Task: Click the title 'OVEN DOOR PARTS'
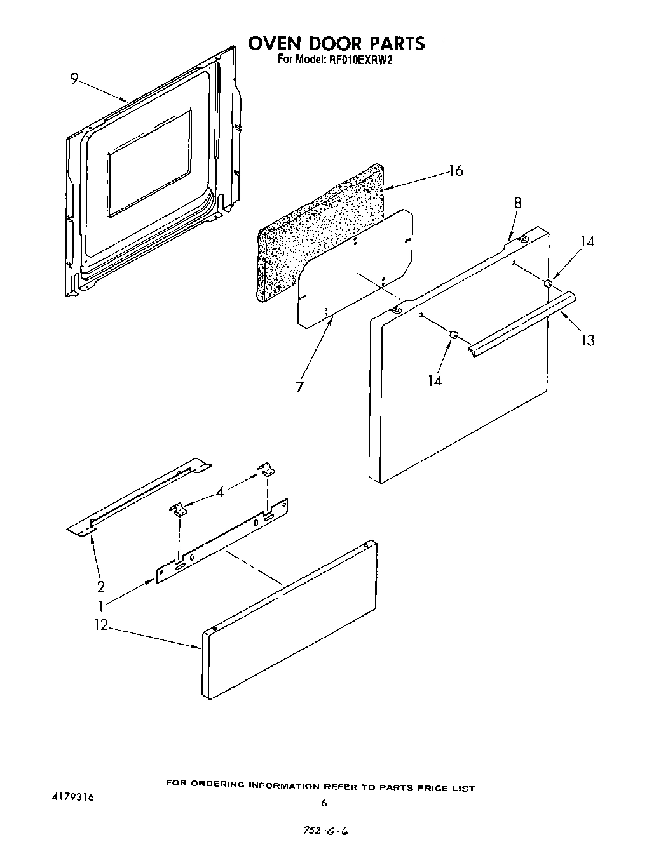[336, 43]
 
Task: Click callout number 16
[455, 171]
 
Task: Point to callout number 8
[517, 203]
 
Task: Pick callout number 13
[588, 340]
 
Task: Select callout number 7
[299, 386]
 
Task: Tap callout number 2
[100, 586]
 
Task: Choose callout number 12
[101, 625]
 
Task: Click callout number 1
[100, 606]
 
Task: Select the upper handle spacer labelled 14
[547, 283]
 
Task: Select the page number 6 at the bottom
[324, 803]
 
